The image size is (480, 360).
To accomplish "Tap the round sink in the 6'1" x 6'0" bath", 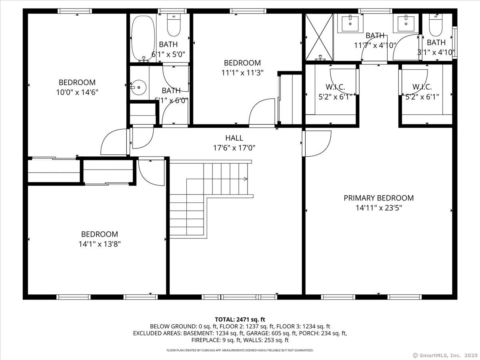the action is pyautogui.click(x=138, y=88).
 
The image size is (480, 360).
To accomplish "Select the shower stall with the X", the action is pyautogui.click(x=319, y=37).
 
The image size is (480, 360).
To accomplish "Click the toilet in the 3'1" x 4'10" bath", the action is pyautogui.click(x=436, y=25).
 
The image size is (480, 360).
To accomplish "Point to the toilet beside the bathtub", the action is pyautogui.click(x=174, y=25).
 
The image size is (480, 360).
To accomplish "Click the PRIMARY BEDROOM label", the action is pyautogui.click(x=378, y=198).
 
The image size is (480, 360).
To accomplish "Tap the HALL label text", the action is pyautogui.click(x=234, y=138).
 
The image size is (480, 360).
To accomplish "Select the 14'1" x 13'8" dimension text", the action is pyautogui.click(x=100, y=244).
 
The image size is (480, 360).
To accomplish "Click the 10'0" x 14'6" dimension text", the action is pyautogui.click(x=77, y=92).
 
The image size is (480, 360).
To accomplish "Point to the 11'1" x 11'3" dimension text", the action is pyautogui.click(x=242, y=72).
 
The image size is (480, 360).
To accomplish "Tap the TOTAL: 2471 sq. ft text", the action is pyautogui.click(x=240, y=320).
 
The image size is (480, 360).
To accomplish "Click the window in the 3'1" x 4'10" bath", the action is pyautogui.click(x=455, y=42).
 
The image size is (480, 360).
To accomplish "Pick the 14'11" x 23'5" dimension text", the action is pyautogui.click(x=379, y=208).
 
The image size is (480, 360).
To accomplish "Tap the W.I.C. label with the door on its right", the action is pyautogui.click(x=335, y=87).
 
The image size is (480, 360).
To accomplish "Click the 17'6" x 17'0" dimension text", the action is pyautogui.click(x=234, y=148).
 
